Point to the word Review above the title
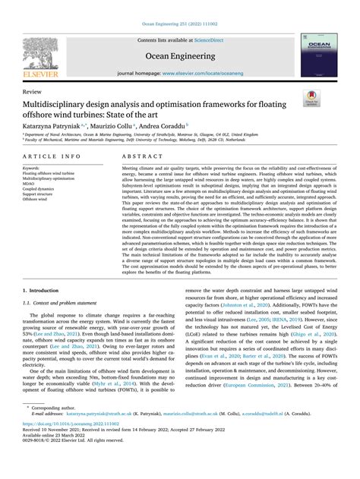pyautogui.click(x=33, y=90)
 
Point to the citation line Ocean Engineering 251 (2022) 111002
pyautogui.click(x=179, y=5)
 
